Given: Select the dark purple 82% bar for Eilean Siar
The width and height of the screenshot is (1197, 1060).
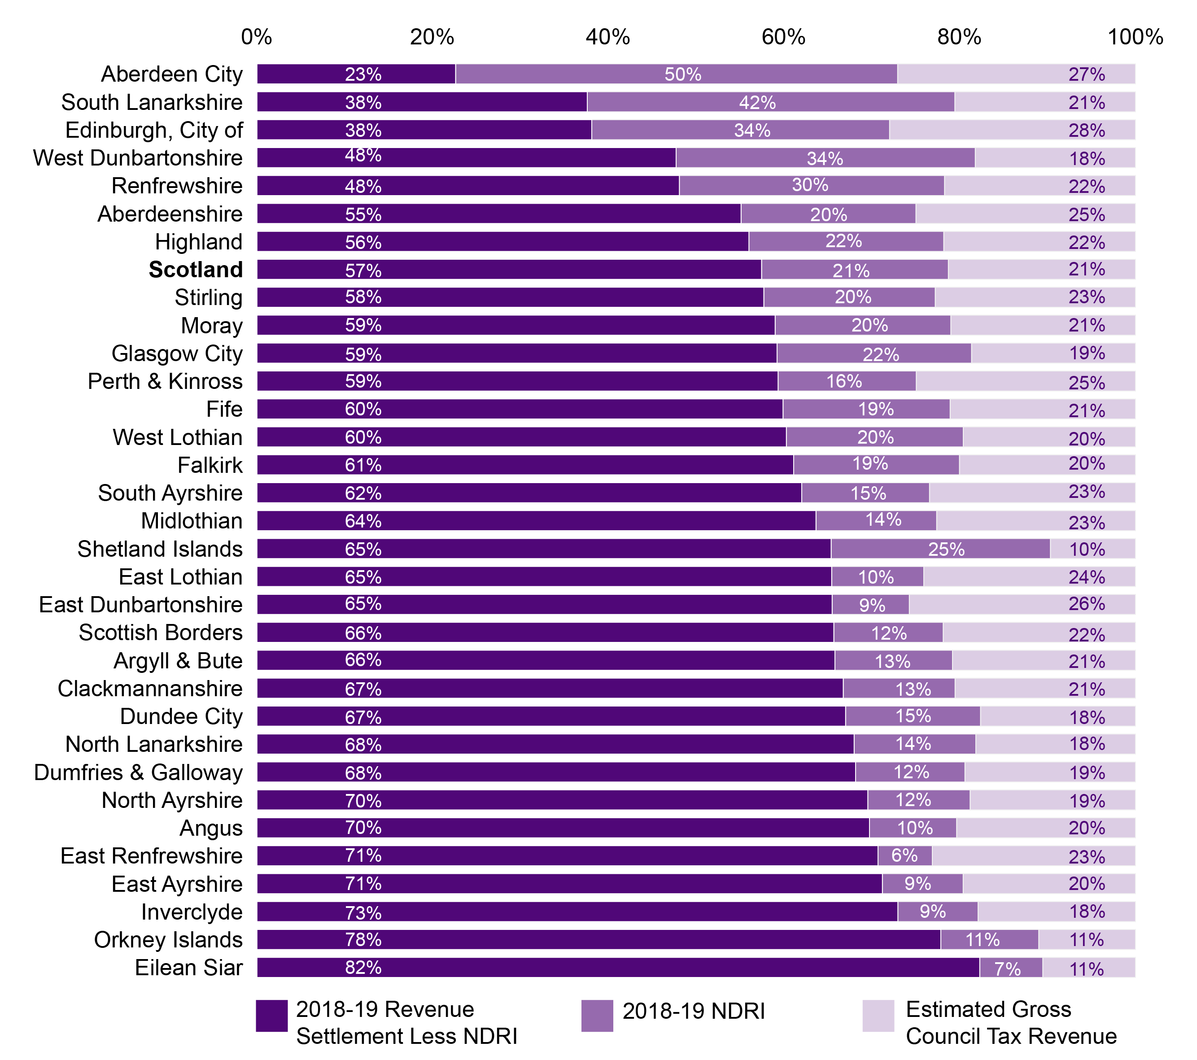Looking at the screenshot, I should [x=618, y=968].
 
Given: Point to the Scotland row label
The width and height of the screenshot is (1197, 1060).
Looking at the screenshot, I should [x=196, y=270].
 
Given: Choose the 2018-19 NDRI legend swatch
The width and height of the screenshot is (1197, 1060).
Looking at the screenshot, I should [x=597, y=1016].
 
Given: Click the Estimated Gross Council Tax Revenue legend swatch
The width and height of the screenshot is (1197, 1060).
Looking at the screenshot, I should [x=878, y=1016].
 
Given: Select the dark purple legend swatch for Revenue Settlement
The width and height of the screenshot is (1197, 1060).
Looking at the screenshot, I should [x=272, y=1016].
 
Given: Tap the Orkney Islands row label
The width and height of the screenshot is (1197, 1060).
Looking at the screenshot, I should [x=168, y=939].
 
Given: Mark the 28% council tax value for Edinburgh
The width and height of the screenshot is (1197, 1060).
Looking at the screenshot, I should [x=1086, y=130].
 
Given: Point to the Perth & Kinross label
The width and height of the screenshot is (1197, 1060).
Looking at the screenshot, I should [x=165, y=381].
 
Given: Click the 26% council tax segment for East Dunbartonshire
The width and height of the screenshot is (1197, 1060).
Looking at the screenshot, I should [x=1022, y=604].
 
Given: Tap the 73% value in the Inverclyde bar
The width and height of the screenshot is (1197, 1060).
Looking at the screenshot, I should [x=363, y=912].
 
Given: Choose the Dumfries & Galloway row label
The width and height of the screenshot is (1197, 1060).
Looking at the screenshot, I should [x=138, y=772].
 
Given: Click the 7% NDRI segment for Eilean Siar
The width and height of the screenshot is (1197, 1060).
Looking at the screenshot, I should [x=1010, y=968].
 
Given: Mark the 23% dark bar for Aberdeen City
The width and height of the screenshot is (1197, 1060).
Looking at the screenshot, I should [x=356, y=74].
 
